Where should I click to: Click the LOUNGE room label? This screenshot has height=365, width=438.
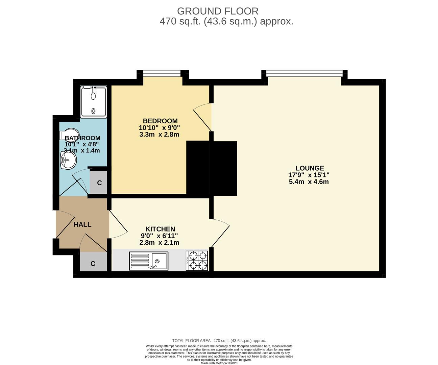[310, 168]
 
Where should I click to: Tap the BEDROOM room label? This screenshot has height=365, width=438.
[160, 121]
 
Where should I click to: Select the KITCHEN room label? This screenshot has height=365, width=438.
[160, 229]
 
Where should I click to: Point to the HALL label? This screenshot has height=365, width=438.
[82, 224]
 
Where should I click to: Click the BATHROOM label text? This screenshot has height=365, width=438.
[82, 138]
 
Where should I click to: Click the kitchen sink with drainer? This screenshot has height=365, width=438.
[148, 262]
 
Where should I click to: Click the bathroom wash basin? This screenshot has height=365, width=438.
[68, 160]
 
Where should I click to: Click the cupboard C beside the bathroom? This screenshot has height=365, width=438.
[99, 183]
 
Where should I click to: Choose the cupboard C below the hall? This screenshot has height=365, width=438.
[93, 264]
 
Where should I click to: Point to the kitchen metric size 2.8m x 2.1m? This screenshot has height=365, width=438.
[159, 243]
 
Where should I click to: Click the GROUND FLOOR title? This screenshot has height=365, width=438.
[218, 11]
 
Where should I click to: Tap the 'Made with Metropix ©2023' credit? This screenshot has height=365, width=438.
[219, 363]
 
